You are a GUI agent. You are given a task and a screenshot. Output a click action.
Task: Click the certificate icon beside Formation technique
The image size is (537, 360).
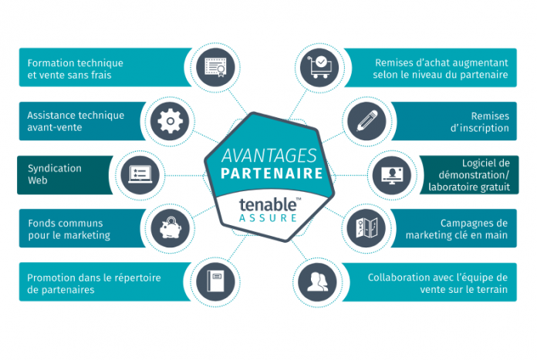click(215, 67)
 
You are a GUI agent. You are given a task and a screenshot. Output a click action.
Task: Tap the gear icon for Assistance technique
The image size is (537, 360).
click(171, 121)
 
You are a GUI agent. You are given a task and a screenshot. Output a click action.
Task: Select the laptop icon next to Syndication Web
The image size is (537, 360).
click(140, 174)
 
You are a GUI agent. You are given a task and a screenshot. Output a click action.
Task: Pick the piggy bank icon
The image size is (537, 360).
click(171, 227)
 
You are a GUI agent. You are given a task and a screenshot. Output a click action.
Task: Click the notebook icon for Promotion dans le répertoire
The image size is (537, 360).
click(216, 281)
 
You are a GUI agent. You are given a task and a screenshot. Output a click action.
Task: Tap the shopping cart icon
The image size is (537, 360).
click(320, 67)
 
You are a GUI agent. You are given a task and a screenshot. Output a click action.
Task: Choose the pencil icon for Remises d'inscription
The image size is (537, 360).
click(366, 121)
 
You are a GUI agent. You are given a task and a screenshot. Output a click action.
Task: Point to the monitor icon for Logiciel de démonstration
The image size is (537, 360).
click(392, 175)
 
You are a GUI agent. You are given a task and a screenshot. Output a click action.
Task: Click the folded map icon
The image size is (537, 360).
click(366, 228)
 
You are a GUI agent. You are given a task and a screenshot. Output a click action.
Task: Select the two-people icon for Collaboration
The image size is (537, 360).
click(317, 282)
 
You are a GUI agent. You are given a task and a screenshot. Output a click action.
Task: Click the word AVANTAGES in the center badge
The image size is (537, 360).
click(269, 156)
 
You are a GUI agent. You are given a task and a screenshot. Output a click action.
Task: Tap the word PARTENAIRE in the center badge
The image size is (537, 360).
click(272, 173)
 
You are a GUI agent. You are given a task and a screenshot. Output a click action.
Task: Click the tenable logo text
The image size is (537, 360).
click(268, 204)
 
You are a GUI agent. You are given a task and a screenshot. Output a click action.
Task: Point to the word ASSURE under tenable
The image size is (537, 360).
click(268, 218)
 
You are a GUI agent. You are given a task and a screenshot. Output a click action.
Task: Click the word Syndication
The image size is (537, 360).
click(55, 168)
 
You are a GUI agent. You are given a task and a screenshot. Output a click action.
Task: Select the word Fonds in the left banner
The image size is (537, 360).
click(39, 223)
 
